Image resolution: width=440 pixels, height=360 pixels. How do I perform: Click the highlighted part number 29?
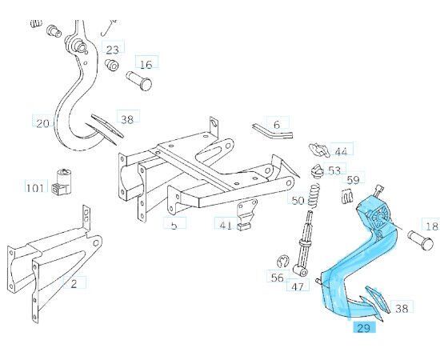click(365, 328)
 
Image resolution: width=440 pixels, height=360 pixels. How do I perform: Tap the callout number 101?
click(34, 189)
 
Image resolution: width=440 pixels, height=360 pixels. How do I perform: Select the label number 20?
click(42, 123)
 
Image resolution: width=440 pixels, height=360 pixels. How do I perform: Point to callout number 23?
click(114, 49)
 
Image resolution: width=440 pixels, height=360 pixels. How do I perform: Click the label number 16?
click(146, 64)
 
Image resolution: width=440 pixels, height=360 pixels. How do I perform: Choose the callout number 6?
click(277, 125)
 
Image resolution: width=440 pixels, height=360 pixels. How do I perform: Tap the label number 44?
click(342, 151)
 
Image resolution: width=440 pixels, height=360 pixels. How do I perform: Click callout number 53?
click(334, 170)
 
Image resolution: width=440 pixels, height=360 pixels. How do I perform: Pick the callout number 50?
click(297, 200)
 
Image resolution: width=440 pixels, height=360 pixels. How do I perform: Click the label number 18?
click(431, 226)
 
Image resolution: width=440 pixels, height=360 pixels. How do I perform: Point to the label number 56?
click(277, 278)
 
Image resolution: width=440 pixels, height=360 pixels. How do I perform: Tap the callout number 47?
click(298, 286)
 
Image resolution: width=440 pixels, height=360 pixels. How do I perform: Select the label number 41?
click(226, 225)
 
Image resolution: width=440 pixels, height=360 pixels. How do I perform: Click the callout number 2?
click(74, 282)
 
